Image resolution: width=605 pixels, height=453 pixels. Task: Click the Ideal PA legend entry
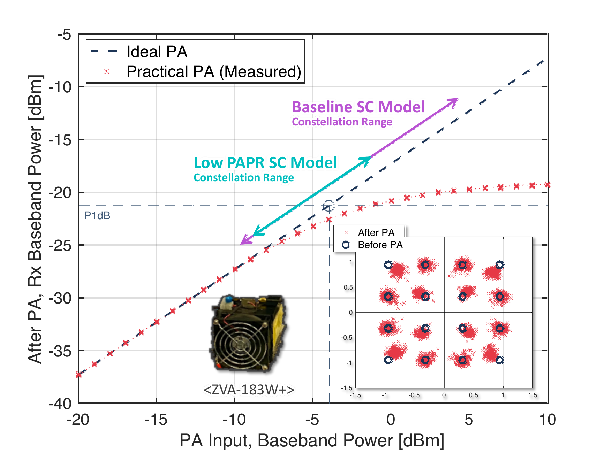(x=157, y=52)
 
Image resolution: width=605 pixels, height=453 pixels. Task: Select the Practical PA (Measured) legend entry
(x=213, y=71)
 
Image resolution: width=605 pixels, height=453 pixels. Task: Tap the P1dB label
(x=97, y=216)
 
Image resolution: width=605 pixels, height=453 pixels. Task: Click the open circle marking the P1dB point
(x=328, y=206)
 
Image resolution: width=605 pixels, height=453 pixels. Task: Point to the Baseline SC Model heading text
(x=358, y=107)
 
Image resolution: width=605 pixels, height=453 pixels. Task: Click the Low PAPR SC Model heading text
(x=265, y=162)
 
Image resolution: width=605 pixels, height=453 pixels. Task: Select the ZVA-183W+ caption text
(x=249, y=389)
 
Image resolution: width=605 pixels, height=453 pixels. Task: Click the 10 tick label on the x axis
(x=547, y=420)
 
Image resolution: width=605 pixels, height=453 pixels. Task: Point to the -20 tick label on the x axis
(x=78, y=420)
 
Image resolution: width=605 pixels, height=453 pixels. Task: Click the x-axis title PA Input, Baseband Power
(x=312, y=440)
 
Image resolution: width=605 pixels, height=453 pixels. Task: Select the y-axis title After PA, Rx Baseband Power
(x=35, y=219)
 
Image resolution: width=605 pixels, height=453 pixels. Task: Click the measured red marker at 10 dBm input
(x=547, y=185)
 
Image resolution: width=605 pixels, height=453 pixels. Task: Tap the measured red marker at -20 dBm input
(x=79, y=375)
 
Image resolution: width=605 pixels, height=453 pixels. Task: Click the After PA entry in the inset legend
(x=376, y=232)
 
